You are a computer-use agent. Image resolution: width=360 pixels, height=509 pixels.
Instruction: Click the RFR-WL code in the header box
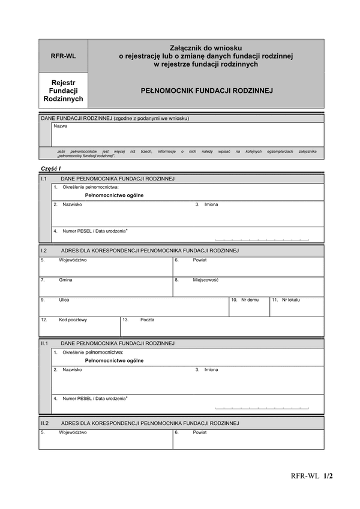pyautogui.click(x=63, y=56)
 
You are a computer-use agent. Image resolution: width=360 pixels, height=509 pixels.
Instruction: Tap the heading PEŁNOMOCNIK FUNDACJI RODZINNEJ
pyautogui.click(x=206, y=91)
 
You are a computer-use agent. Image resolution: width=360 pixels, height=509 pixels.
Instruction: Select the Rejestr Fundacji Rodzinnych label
pyautogui.click(x=63, y=90)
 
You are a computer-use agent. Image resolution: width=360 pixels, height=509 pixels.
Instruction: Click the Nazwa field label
pyautogui.click(x=61, y=127)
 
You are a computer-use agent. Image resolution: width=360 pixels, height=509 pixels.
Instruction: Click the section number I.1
pyautogui.click(x=44, y=179)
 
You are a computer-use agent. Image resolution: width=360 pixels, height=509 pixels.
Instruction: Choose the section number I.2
pyautogui.click(x=44, y=250)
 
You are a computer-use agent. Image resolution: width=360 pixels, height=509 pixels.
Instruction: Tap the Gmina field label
pyautogui.click(x=65, y=280)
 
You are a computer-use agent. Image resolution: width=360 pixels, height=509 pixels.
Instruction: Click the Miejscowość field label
pyautogui.click(x=205, y=280)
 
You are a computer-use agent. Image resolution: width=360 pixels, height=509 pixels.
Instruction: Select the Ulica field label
pyautogui.click(x=64, y=299)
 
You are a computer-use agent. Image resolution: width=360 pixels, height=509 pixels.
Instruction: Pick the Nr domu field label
pyautogui.click(x=250, y=299)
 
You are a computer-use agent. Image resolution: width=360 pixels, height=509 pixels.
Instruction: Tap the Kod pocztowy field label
pyautogui.click(x=73, y=320)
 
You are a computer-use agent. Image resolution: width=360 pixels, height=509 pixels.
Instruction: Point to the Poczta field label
pyautogui.click(x=147, y=320)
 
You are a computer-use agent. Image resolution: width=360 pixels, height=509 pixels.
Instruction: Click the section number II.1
pyautogui.click(x=44, y=344)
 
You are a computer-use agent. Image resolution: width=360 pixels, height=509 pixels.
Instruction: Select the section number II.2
pyautogui.click(x=44, y=423)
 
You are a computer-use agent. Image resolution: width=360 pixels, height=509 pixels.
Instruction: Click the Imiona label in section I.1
pyautogui.click(x=211, y=204)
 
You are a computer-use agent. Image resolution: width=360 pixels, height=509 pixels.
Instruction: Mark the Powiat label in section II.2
pyautogui.click(x=200, y=432)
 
